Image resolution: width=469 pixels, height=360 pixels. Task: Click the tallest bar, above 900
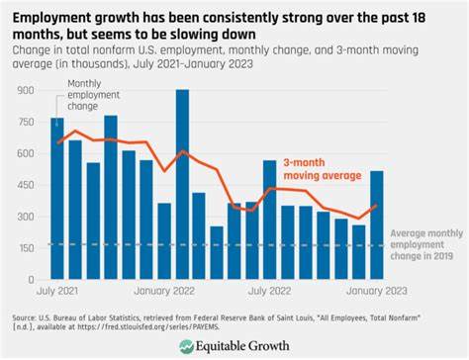pyautogui.click(x=182, y=178)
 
